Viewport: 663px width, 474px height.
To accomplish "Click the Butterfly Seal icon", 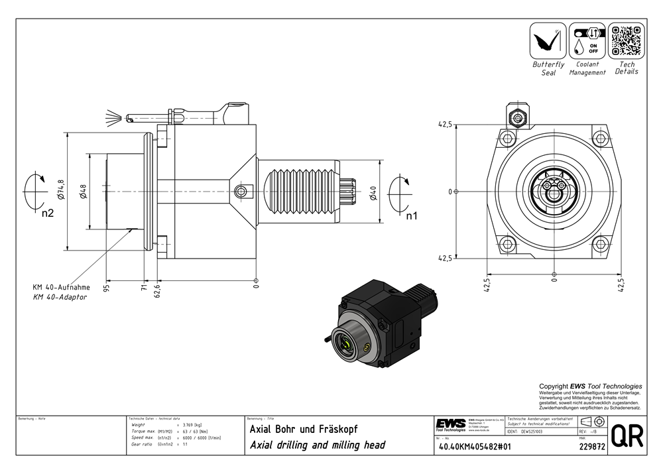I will (x=547, y=40).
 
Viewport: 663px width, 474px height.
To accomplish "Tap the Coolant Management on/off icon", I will (x=587, y=40).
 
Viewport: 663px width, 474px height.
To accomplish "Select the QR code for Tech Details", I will (x=627, y=40).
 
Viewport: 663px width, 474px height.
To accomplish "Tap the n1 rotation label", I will (x=411, y=215).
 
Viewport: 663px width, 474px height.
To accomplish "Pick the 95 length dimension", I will (x=106, y=287).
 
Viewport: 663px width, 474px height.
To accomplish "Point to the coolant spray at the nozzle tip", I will (x=115, y=117).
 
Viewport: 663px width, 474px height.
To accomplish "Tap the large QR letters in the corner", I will (x=627, y=436).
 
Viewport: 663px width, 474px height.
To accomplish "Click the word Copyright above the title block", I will (x=554, y=386).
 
